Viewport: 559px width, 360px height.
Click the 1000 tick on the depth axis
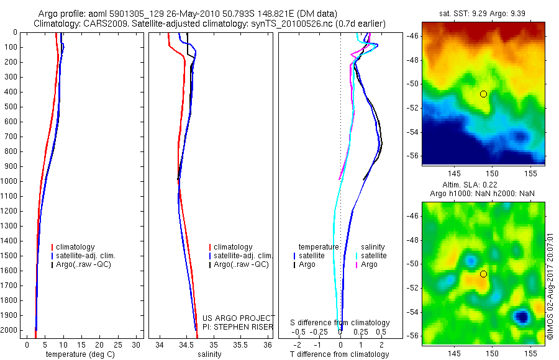click(x=10, y=181)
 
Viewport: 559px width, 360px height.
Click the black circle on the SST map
click(x=483, y=94)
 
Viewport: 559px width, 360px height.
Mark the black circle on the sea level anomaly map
click(x=483, y=274)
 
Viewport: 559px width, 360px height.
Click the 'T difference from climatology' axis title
click(x=339, y=354)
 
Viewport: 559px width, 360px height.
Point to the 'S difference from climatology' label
click(x=340, y=323)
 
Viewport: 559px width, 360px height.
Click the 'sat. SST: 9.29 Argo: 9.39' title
click(x=483, y=13)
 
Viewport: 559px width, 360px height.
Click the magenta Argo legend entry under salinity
click(x=369, y=264)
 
